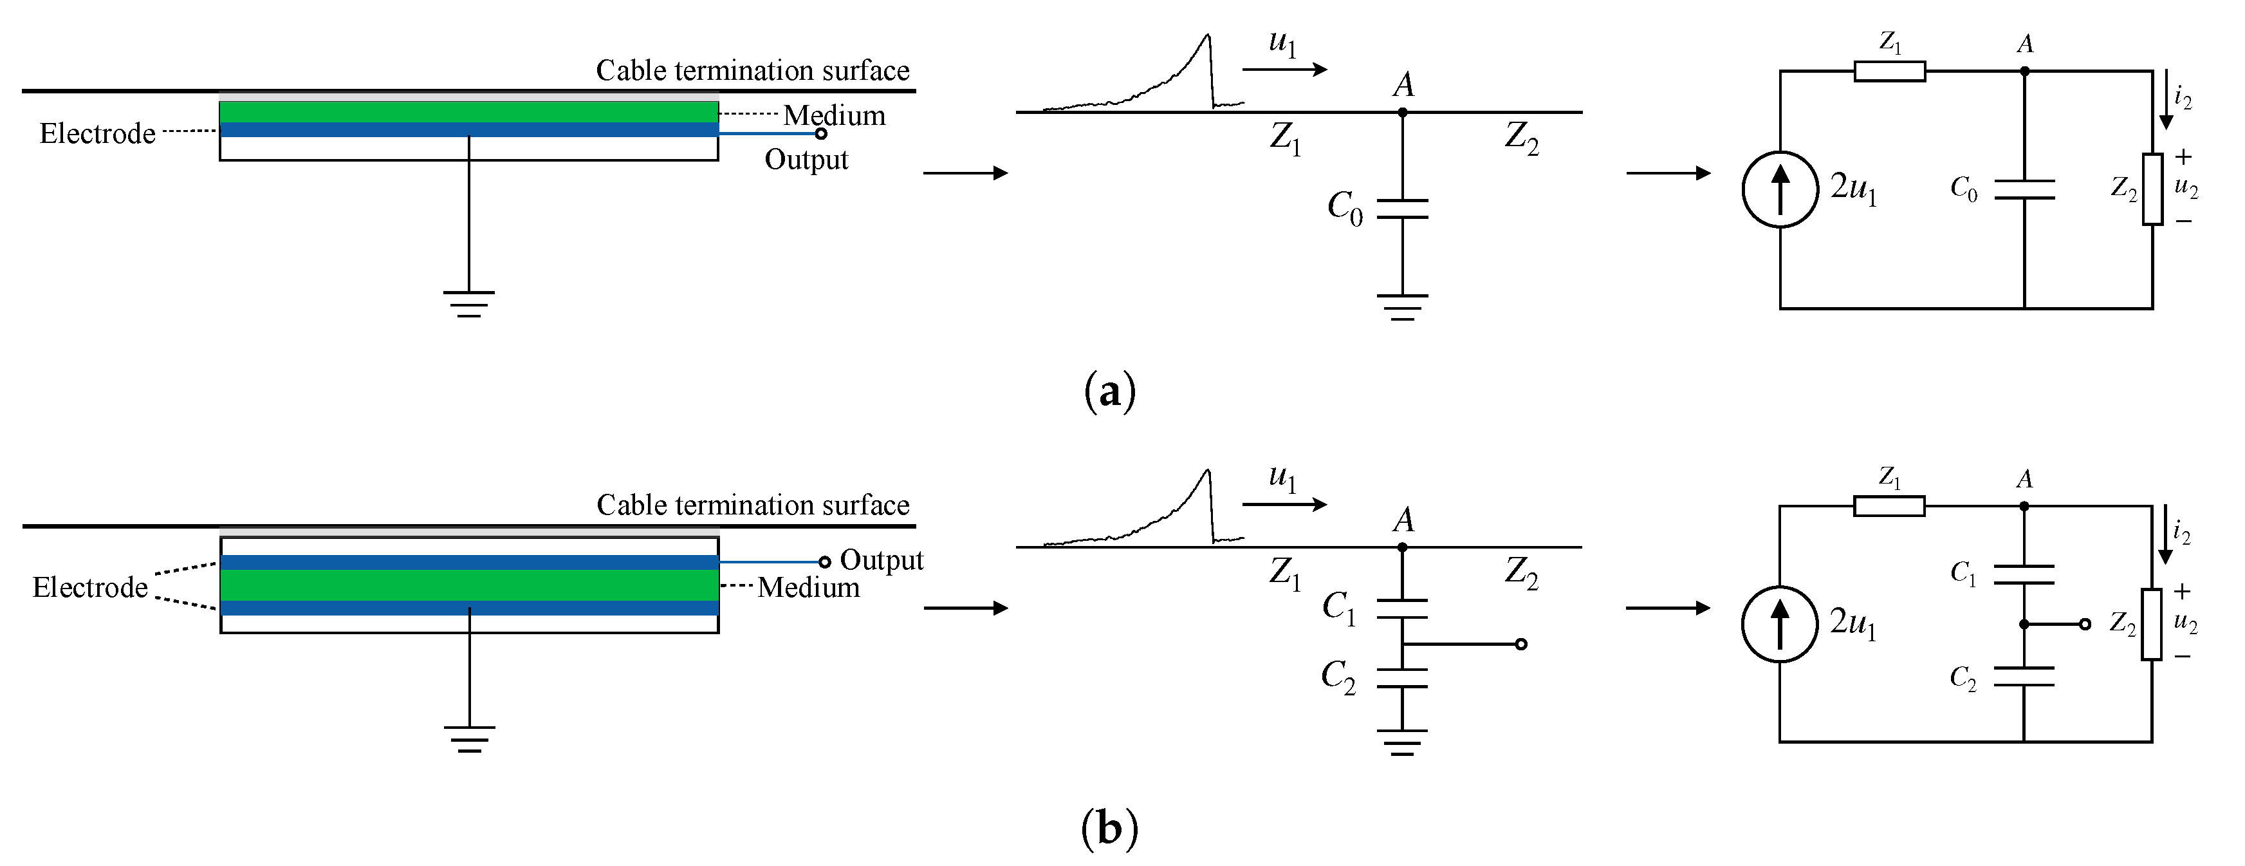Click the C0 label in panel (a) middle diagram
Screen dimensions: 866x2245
click(x=1344, y=207)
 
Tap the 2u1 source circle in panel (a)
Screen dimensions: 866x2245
click(x=1780, y=189)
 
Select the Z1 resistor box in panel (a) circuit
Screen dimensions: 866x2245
click(x=1889, y=71)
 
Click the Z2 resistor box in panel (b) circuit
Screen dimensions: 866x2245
click(x=2152, y=623)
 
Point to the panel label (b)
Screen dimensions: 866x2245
click(x=1109, y=827)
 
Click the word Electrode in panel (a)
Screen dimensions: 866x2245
click(x=98, y=133)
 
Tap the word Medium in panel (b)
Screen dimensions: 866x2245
click(x=808, y=587)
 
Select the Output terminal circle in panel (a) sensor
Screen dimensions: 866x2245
click(x=820, y=133)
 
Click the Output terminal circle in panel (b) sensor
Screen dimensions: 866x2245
click(x=824, y=561)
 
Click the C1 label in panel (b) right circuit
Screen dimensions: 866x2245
click(x=1963, y=573)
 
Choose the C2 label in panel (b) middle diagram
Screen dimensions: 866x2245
click(x=1338, y=676)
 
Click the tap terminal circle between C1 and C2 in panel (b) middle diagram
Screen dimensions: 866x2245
click(x=1520, y=645)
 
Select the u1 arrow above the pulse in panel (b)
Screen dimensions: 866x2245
click(x=1284, y=504)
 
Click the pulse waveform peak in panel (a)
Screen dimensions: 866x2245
click(x=1207, y=37)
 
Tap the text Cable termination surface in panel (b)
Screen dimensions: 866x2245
click(x=752, y=505)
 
